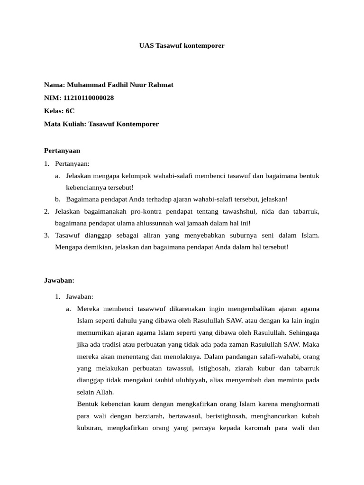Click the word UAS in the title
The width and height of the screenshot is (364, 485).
point(146,46)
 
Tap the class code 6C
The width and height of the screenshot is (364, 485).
point(70,111)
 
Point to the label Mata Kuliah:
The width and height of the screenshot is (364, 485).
point(65,124)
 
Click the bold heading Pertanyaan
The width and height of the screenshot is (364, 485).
point(62,151)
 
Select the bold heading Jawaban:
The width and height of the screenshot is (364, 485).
point(59,280)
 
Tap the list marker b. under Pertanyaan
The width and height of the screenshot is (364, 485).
point(57,199)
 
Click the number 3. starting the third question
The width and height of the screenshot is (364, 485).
point(46,235)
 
